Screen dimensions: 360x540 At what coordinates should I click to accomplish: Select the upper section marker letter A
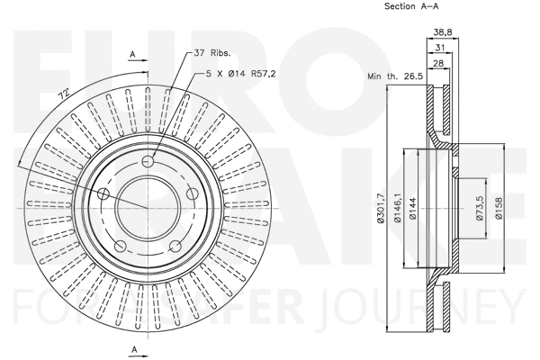[x=133, y=54]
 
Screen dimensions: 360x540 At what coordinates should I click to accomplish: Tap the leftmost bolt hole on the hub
[x=103, y=194]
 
